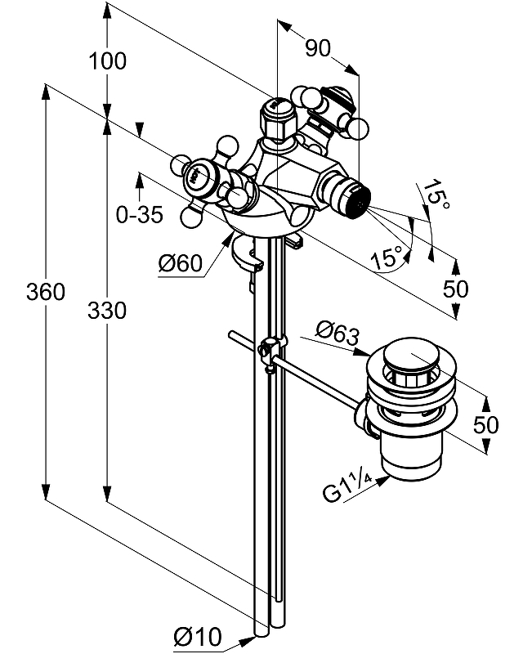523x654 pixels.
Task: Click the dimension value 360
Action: [x=46, y=292]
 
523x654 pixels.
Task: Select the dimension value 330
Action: [x=106, y=311]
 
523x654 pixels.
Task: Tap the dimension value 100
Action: [x=107, y=60]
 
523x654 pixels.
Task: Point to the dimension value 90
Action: [x=317, y=48]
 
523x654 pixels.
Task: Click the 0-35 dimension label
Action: [x=139, y=215]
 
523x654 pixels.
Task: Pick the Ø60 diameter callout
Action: [x=180, y=263]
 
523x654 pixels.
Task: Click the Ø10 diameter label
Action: [x=198, y=635]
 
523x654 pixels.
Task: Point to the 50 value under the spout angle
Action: [x=456, y=288]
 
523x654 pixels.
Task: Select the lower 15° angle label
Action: [x=389, y=258]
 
